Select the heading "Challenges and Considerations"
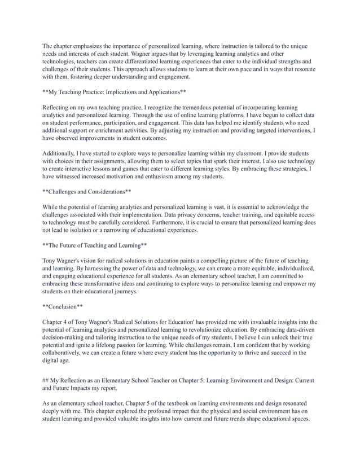tap(87, 191)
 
